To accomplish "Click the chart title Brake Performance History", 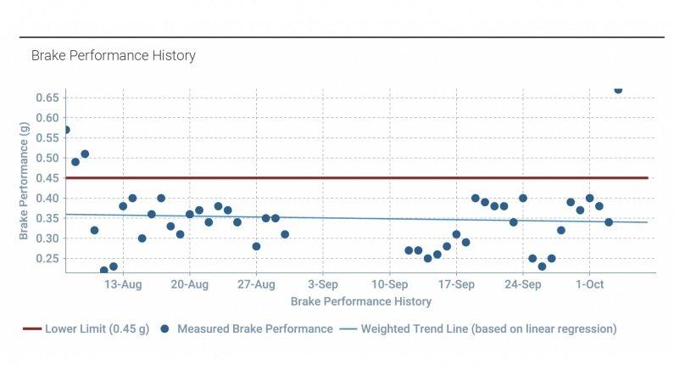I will click(x=113, y=56).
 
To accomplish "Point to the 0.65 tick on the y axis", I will click(x=47, y=98).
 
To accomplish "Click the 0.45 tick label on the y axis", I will click(x=47, y=178).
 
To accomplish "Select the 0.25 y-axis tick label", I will click(x=47, y=258).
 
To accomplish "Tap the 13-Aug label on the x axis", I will click(x=123, y=284).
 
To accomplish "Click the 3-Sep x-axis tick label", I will click(x=323, y=284).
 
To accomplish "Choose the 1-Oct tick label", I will click(x=589, y=284).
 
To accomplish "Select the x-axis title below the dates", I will click(x=360, y=301).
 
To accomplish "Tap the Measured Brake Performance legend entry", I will click(x=248, y=328).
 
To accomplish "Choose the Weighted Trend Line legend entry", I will click(x=479, y=328).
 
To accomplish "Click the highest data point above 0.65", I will click(x=617, y=89).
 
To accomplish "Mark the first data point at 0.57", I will click(x=66, y=130).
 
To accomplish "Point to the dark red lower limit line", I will click(x=356, y=177).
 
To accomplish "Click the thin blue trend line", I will click(x=356, y=218).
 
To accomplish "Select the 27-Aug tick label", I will click(x=256, y=284).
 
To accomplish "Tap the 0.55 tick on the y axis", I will click(x=47, y=138).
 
